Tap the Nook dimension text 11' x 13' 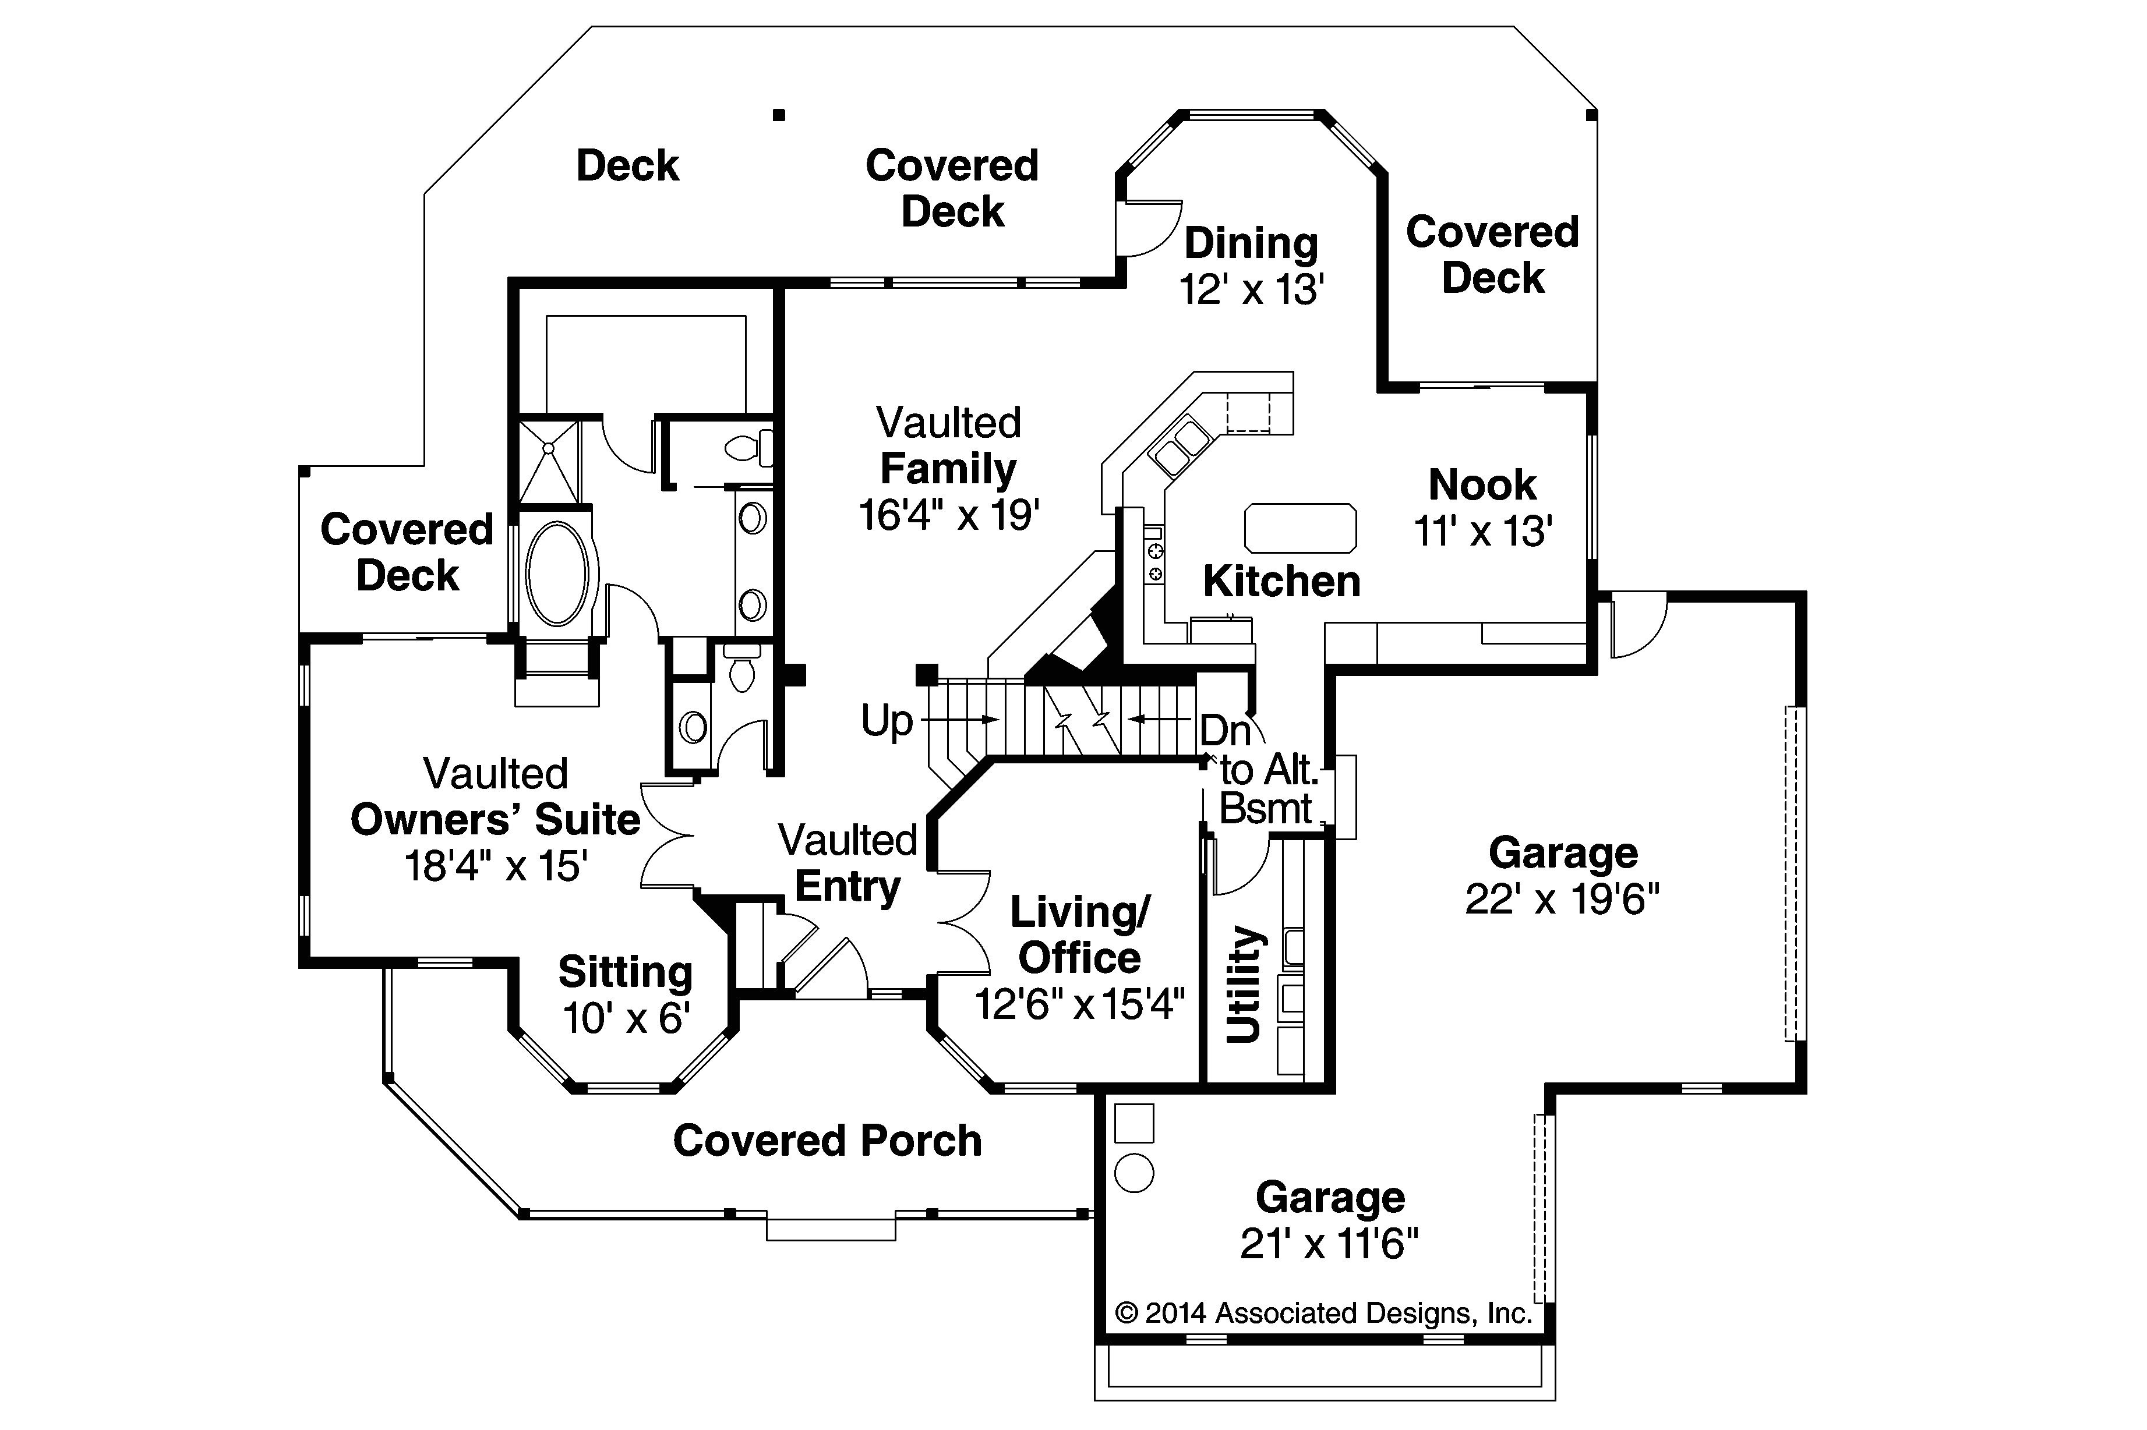coord(1482,531)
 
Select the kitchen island coord(1299,528)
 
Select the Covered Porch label coord(827,1141)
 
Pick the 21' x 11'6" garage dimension coord(1329,1244)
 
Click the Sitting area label coord(625,972)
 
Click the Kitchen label coord(1281,582)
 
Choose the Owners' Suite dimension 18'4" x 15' coord(495,865)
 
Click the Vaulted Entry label coord(848,863)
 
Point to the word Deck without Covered coord(627,166)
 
